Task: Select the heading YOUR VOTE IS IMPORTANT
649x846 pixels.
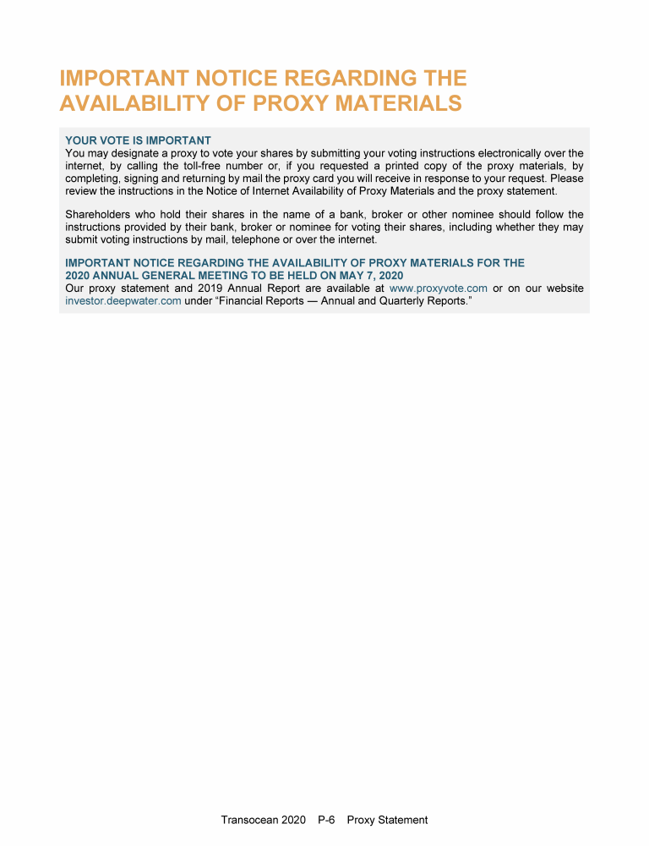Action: coord(138,140)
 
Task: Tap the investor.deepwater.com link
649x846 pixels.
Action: coord(123,301)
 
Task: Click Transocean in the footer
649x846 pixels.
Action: coord(250,820)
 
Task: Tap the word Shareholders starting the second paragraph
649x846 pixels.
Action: coord(97,215)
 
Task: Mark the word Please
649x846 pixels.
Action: coord(566,179)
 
